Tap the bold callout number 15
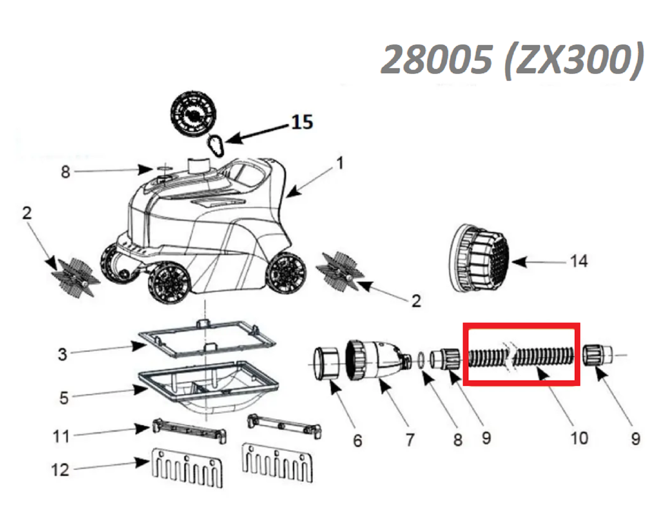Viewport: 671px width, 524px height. (302, 122)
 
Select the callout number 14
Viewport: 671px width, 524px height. (579, 261)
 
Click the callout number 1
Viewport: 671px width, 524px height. (340, 163)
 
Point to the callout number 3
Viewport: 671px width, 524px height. (63, 354)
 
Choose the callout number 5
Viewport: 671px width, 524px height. (64, 398)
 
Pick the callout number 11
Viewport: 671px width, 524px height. (61, 436)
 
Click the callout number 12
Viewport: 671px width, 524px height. (60, 470)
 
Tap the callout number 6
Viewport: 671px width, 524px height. (357, 441)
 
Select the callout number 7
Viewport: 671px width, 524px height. (410, 440)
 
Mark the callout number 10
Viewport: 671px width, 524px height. (579, 438)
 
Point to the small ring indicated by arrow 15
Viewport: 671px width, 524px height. (216, 145)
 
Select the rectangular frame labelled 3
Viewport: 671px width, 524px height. (207, 339)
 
